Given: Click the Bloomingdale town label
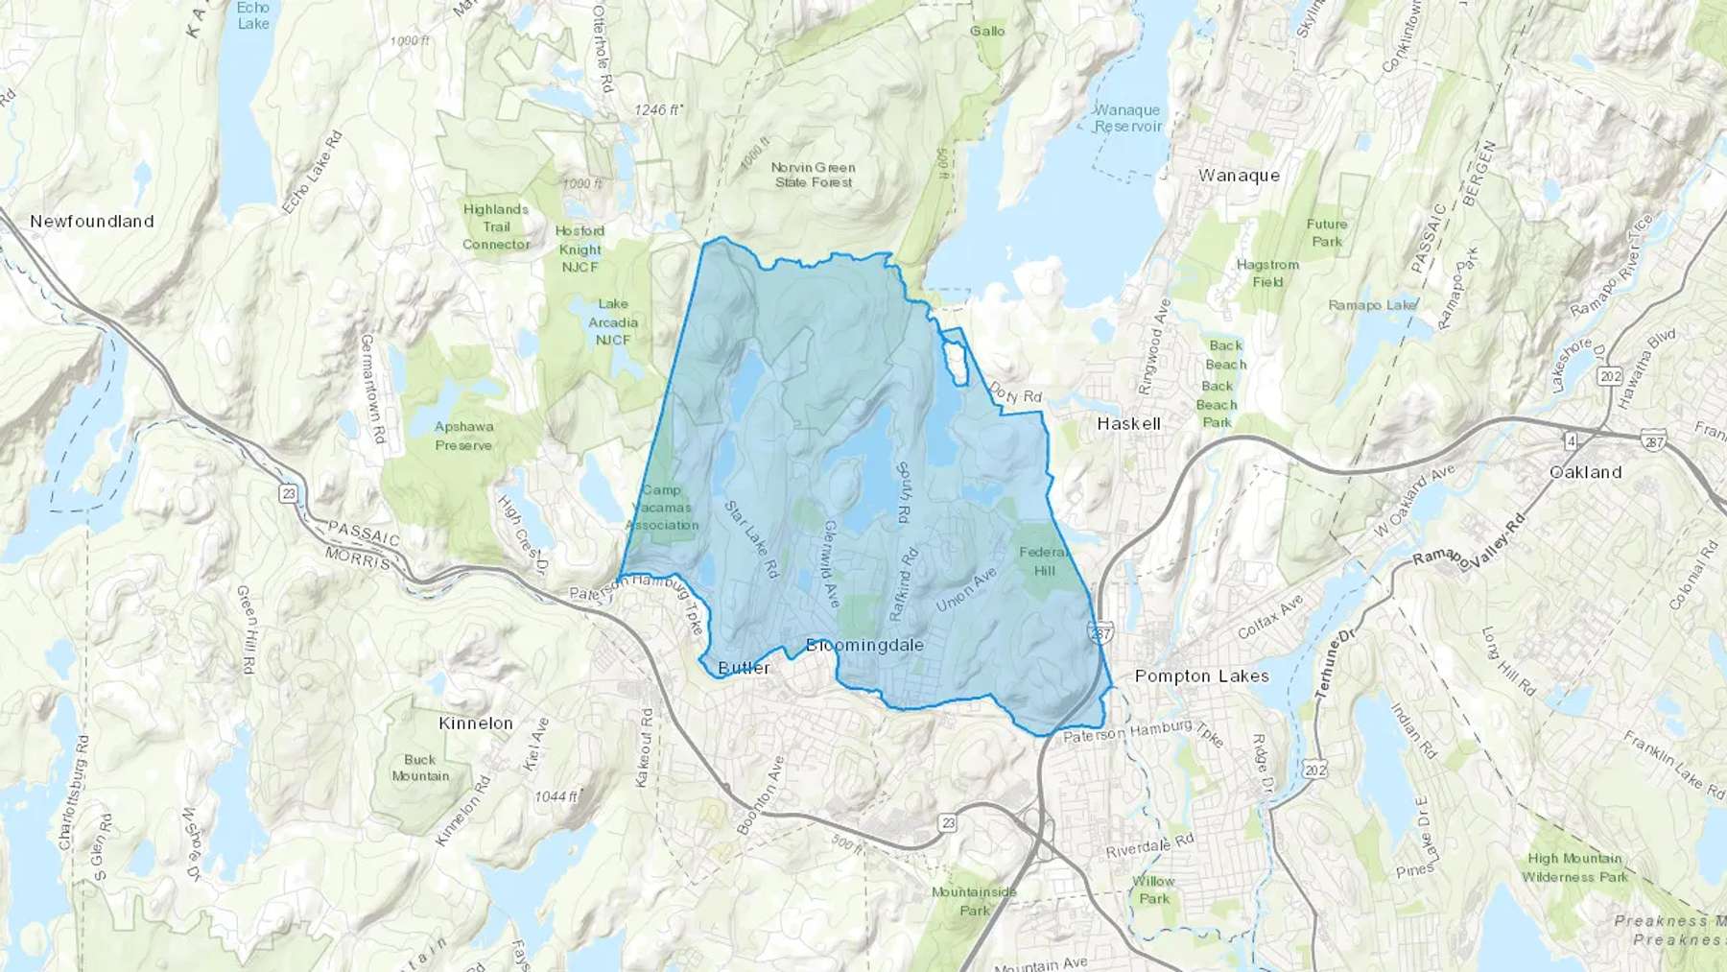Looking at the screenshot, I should tap(864, 645).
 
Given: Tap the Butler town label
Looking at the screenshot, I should tap(744, 668).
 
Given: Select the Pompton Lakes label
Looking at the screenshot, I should tap(1201, 676).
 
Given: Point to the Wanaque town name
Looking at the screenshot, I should tap(1239, 176).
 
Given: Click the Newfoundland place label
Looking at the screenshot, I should tap(92, 221).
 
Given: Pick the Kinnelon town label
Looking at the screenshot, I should tap(476, 723).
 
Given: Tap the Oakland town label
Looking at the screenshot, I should tap(1585, 472).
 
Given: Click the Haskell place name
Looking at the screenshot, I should tap(1128, 423).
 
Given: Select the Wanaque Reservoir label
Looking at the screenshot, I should tap(1127, 118).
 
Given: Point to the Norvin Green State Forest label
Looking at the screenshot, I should tap(814, 175).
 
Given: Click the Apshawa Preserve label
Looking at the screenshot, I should tap(463, 436).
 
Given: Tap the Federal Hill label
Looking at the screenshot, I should tap(1044, 561).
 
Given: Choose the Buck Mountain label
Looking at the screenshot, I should tap(420, 768).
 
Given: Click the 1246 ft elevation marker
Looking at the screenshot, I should tap(658, 110).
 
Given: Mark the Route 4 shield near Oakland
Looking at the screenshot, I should tap(1571, 440).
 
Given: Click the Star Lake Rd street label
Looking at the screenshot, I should tap(750, 538).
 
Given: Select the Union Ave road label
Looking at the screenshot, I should tap(966, 589).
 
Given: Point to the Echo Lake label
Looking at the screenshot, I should tap(253, 15).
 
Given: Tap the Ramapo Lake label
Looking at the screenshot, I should tap(1372, 305).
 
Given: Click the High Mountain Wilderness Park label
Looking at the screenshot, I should tap(1574, 867).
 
